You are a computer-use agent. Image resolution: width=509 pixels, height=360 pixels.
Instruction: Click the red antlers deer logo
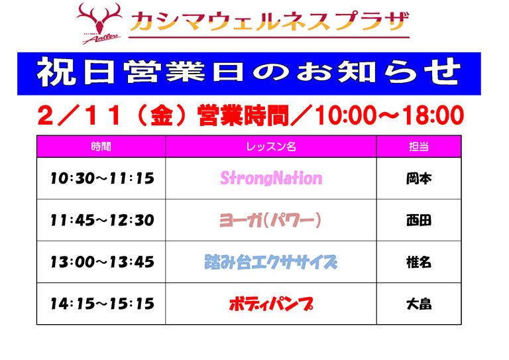click(99, 23)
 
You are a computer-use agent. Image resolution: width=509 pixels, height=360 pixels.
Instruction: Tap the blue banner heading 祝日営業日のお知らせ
click(248, 73)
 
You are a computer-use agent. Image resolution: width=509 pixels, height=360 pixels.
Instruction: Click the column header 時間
click(101, 147)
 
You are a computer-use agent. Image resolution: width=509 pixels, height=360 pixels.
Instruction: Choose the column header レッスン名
click(270, 147)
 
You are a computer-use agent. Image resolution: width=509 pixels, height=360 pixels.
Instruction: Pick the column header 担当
click(418, 147)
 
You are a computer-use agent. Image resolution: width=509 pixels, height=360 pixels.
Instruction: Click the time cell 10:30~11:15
click(101, 178)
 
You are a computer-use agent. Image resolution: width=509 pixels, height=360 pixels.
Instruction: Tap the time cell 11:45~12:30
click(101, 220)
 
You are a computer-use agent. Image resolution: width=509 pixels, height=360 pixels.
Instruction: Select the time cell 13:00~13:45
click(101, 262)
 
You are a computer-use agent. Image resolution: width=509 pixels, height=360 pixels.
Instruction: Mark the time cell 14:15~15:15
click(101, 304)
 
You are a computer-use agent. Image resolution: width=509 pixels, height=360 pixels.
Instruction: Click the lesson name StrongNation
click(270, 178)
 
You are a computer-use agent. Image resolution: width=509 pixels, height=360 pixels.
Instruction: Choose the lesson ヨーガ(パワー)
click(270, 220)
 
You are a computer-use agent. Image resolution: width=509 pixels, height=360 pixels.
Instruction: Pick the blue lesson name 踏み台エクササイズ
click(270, 262)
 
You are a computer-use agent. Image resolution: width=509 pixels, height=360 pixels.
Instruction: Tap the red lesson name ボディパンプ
click(270, 304)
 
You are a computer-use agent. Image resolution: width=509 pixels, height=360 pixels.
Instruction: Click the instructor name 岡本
click(418, 178)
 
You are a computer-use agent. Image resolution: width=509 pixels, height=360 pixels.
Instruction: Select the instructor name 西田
click(418, 220)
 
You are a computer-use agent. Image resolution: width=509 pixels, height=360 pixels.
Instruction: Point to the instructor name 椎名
click(418, 262)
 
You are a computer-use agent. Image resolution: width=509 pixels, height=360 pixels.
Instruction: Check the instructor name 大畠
click(418, 304)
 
